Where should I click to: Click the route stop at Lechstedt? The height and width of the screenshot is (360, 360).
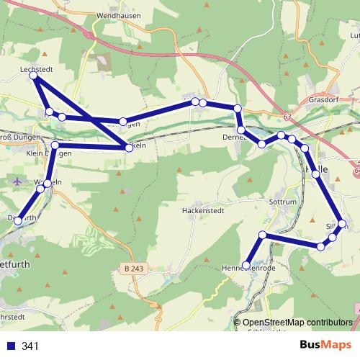coord(34,76)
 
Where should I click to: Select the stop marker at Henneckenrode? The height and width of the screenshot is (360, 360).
coord(246,265)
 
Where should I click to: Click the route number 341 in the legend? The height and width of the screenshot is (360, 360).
coord(30,346)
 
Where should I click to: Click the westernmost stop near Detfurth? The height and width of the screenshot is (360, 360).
coord(17,222)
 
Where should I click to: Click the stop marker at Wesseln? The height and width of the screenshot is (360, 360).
coord(48,184)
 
